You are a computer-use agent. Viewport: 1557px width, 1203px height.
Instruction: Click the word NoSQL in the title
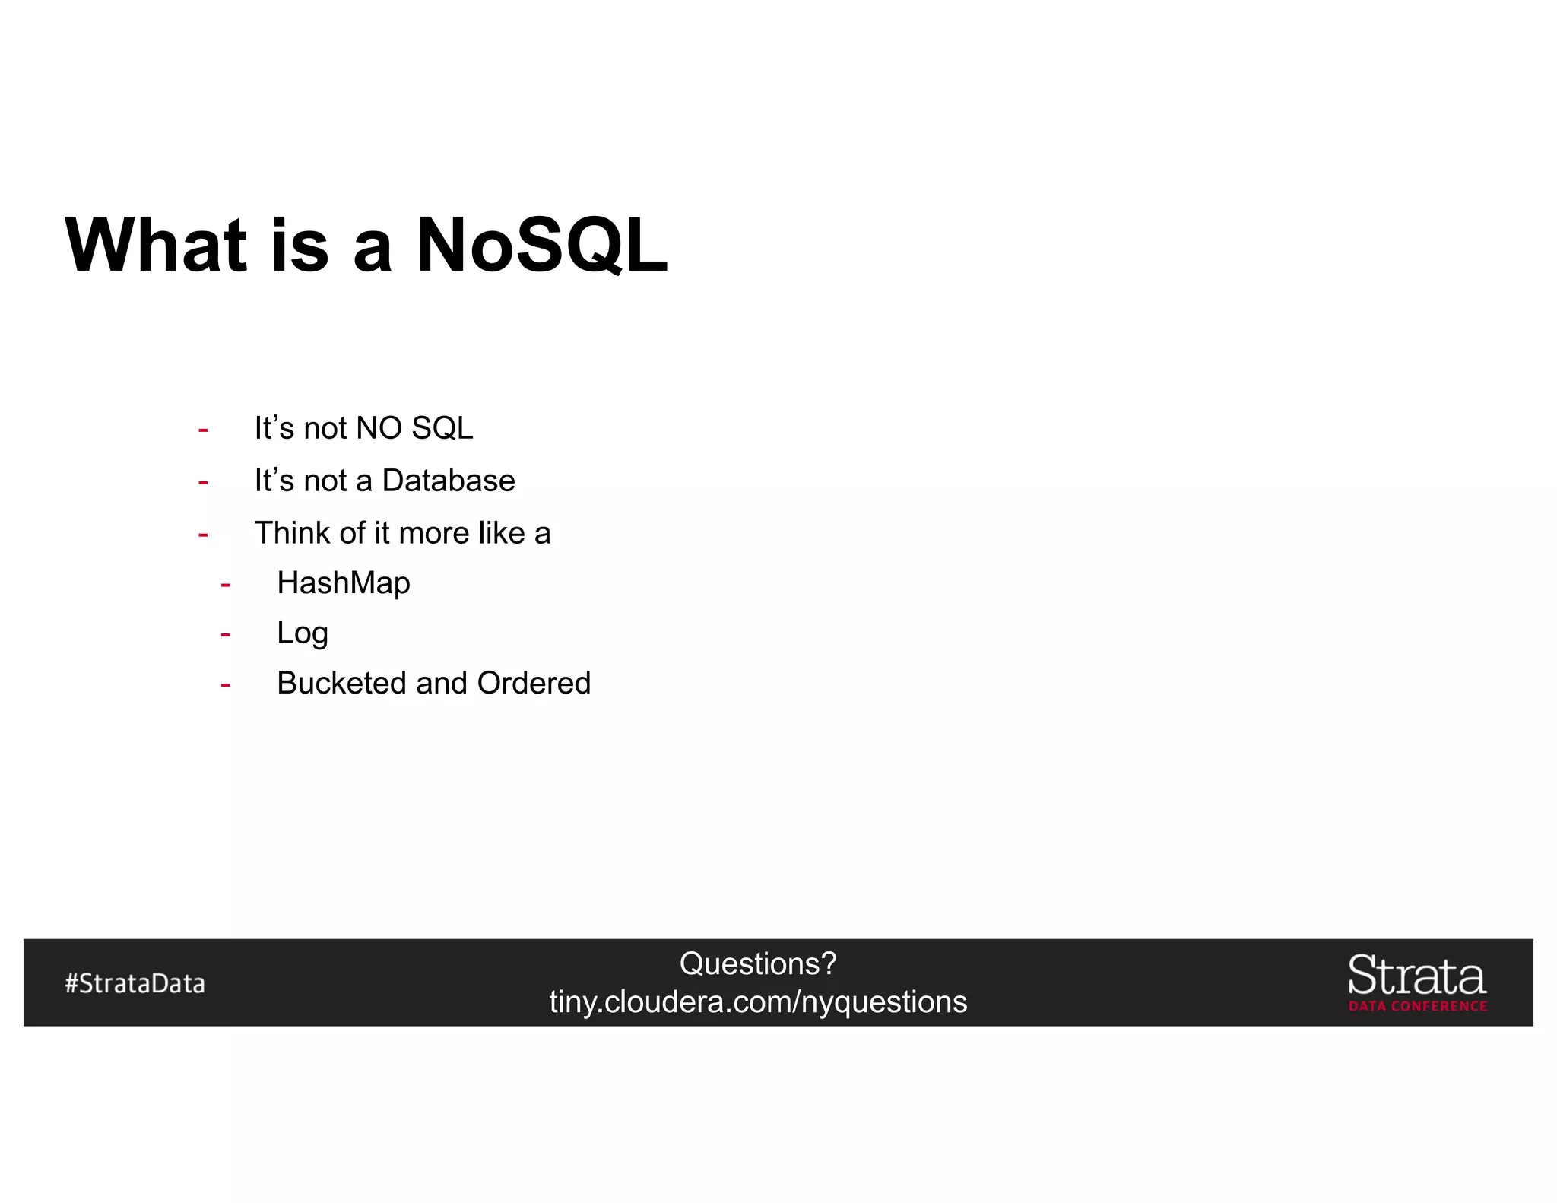coord(541,245)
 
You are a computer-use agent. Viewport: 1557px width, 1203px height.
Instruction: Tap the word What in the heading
coord(156,245)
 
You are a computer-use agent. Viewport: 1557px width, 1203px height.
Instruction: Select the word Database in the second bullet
coord(448,481)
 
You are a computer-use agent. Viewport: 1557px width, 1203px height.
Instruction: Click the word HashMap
coord(344,583)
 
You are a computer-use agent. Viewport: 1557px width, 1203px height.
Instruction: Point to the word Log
coord(302,633)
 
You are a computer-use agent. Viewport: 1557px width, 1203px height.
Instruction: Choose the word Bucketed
coord(341,683)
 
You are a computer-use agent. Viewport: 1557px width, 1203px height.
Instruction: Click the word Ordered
coord(534,683)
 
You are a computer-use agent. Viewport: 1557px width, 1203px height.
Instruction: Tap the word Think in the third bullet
coord(292,533)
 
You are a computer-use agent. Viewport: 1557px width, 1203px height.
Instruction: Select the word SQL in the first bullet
coord(442,428)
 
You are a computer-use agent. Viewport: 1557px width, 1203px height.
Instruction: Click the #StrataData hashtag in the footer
coord(135,983)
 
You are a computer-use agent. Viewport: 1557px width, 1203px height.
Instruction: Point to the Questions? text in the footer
coord(758,963)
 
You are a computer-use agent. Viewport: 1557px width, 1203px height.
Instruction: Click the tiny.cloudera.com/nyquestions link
coord(758,1002)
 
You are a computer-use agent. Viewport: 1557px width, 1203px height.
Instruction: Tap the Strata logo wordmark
coord(1416,976)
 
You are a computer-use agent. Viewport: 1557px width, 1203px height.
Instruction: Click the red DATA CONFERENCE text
coord(1418,1006)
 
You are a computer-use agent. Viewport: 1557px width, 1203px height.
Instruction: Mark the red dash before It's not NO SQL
coord(203,430)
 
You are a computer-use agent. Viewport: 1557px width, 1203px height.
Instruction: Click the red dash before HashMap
coord(225,586)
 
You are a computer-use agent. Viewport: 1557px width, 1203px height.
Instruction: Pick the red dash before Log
coord(225,635)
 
